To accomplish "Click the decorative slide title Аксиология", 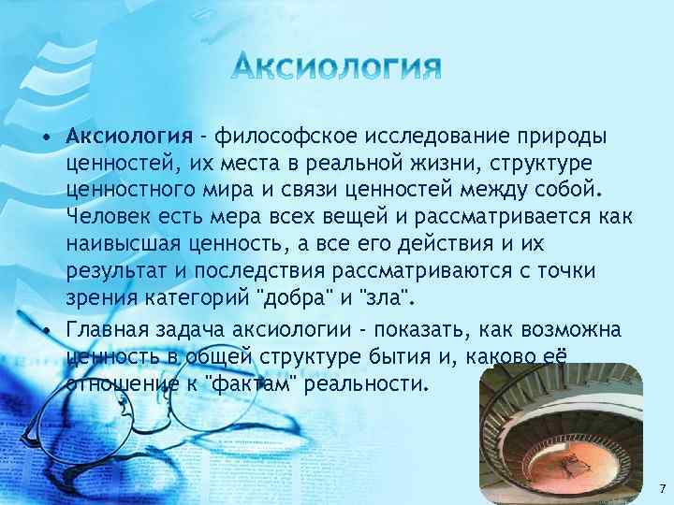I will pos(337,66).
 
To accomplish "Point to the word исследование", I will pos(437,137).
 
